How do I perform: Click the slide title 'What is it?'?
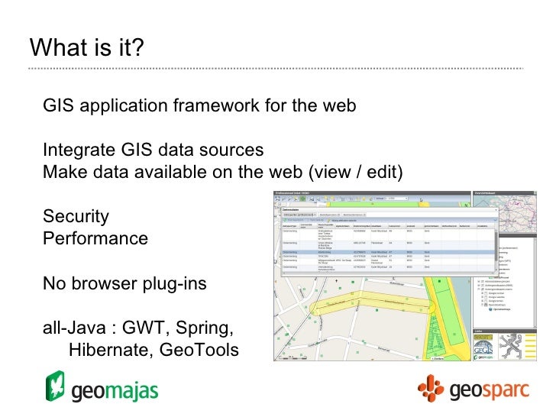[x=86, y=47]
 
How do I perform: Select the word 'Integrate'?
[x=79, y=150]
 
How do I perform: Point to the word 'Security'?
[x=76, y=216]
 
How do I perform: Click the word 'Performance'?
[x=95, y=238]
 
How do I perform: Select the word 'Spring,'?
[x=205, y=329]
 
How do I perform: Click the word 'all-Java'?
[x=74, y=328]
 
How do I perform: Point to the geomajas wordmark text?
[x=115, y=391]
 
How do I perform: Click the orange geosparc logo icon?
[x=431, y=389]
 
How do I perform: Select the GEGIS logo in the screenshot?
[x=483, y=344]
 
